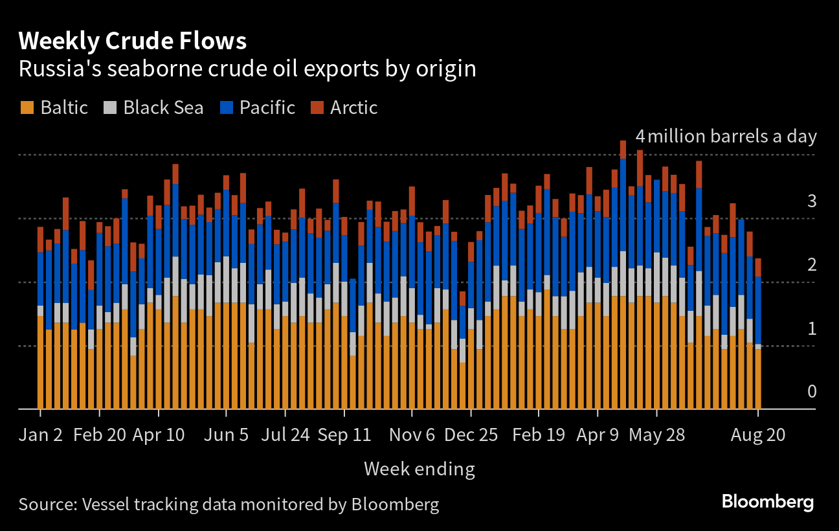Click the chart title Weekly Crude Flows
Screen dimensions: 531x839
click(133, 41)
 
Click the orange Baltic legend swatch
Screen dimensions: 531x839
click(27, 107)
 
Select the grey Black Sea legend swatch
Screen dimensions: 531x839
click(109, 107)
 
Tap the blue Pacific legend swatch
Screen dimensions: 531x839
click(226, 107)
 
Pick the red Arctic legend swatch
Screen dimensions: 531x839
click(317, 107)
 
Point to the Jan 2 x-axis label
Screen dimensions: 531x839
click(41, 435)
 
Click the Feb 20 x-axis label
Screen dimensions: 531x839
click(100, 435)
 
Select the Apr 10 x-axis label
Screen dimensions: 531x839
click(159, 435)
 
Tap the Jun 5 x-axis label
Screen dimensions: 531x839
click(226, 435)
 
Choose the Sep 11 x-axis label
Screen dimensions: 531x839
click(344, 435)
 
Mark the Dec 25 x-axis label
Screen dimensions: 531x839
click(471, 435)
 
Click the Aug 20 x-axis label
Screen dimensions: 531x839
click(758, 435)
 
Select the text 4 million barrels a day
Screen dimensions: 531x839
click(726, 137)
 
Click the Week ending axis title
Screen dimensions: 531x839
click(419, 469)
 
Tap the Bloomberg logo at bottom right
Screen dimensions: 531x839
click(767, 502)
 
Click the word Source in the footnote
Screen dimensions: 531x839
click(46, 504)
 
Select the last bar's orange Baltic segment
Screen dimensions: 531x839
click(758, 379)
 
